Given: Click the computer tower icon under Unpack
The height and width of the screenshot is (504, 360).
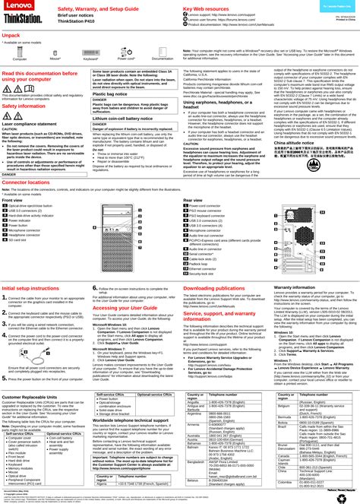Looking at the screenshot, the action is [20, 50].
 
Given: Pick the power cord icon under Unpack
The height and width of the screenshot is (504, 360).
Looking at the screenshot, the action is [125, 50].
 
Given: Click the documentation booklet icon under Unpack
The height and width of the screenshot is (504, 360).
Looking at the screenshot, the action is [162, 50].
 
